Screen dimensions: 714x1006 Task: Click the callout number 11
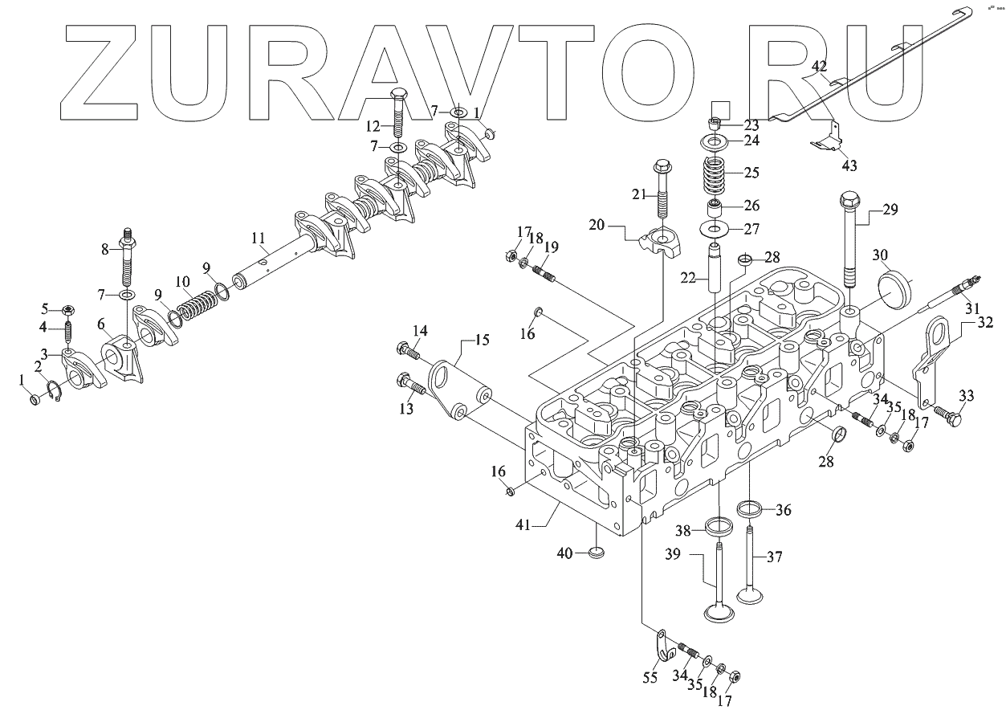click(258, 239)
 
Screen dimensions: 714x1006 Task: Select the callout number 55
click(650, 678)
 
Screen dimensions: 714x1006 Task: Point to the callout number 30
click(880, 255)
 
